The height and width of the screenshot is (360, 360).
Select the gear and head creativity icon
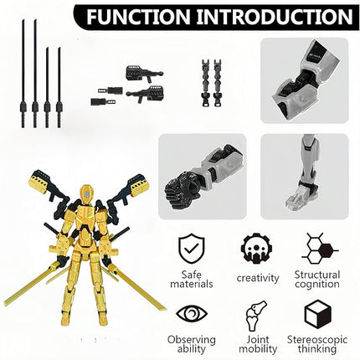pyautogui.click(x=256, y=247)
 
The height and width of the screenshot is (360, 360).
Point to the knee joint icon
pyautogui.click(x=257, y=313)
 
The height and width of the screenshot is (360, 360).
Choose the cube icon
pyautogui.click(x=316, y=313)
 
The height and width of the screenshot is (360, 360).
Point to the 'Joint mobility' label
pyautogui.click(x=257, y=344)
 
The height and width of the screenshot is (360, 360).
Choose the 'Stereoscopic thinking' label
pyautogui.click(x=316, y=344)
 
